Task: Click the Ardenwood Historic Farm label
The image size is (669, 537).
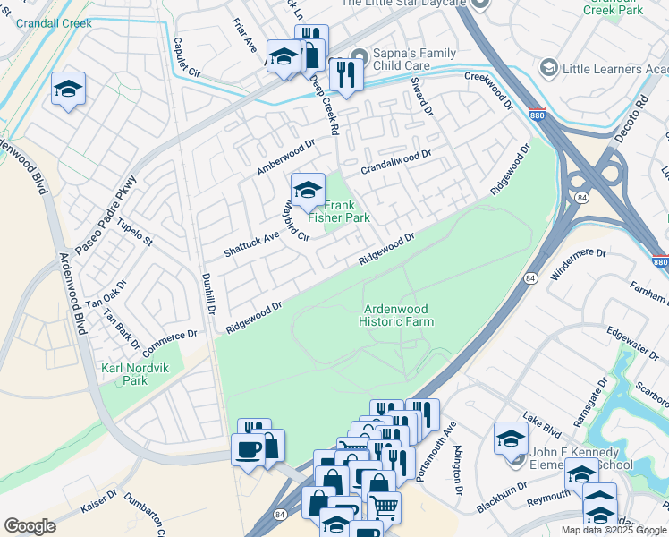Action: point(398,315)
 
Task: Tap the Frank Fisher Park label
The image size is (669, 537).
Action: point(339,210)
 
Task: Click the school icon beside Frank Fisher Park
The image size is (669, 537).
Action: point(308,190)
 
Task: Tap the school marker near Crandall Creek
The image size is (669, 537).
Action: point(68,89)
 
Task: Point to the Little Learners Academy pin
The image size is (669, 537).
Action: point(548,67)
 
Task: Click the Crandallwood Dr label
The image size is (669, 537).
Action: point(396,162)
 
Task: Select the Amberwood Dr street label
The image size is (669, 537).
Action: point(286,157)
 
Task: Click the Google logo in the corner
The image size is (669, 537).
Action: point(30,526)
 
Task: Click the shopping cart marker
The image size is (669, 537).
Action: point(384,508)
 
